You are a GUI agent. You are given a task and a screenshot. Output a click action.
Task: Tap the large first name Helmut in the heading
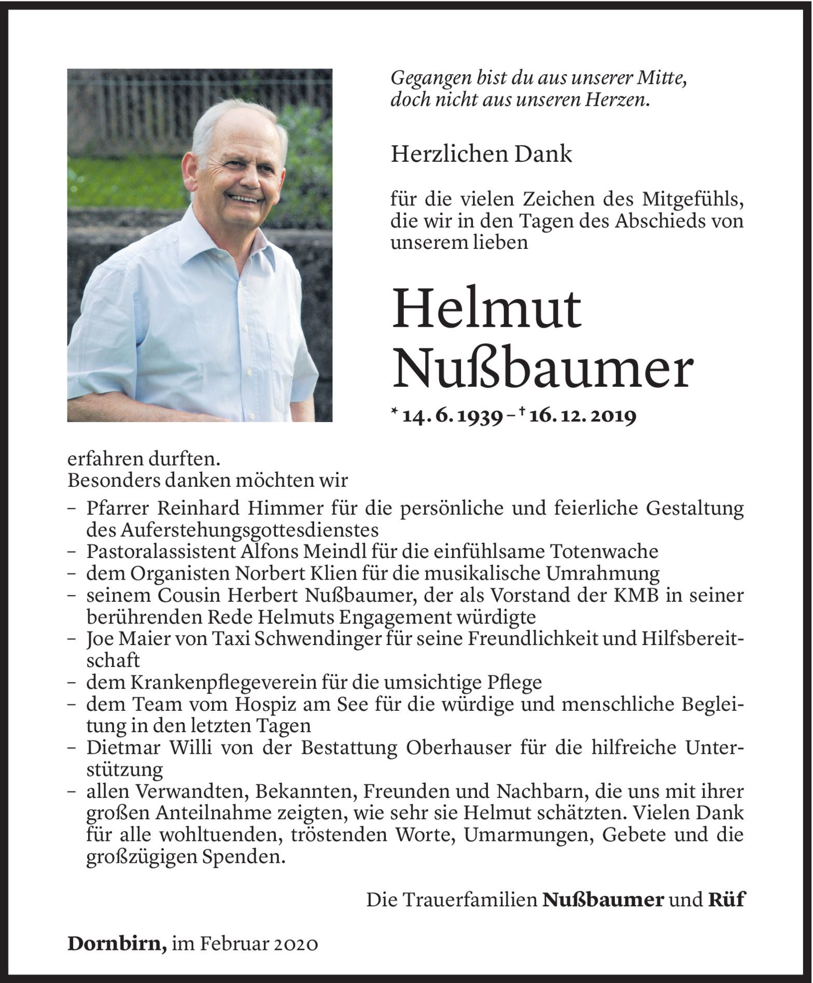[x=487, y=310]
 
